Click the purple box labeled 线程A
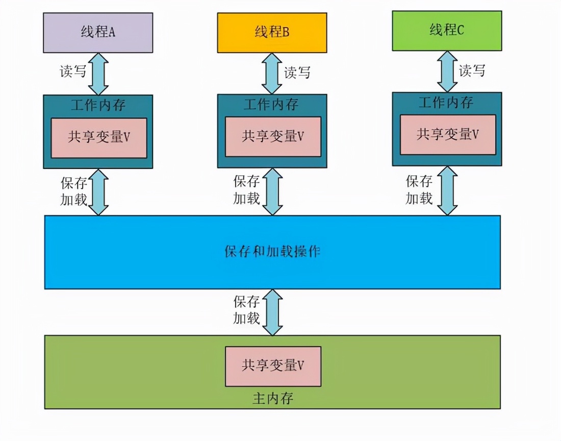tap(98, 32)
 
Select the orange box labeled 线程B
tap(272, 32)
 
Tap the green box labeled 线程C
tap(447, 31)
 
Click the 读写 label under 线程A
tap(73, 71)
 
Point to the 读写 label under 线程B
tap(297, 72)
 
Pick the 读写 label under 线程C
tap(472, 70)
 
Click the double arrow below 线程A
tap(98, 73)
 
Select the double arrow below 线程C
tap(447, 71)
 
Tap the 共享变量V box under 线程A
tap(98, 138)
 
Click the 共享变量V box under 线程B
tap(273, 137)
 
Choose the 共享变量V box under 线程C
tap(447, 135)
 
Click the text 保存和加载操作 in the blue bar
tap(272, 252)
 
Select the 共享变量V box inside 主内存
tap(273, 366)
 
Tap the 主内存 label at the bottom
tap(273, 398)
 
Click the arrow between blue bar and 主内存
tap(273, 312)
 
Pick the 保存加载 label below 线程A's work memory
tap(74, 191)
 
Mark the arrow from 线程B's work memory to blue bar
tap(273, 191)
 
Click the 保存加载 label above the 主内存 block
tap(247, 310)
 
